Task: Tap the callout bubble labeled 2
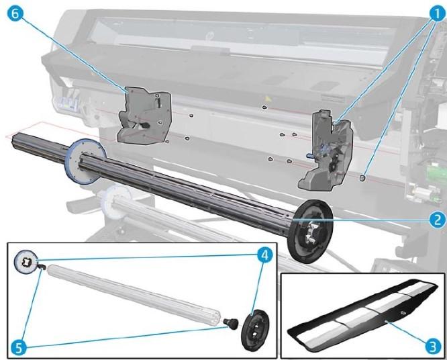coord(436,218)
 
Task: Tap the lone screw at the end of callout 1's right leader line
coord(363,179)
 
